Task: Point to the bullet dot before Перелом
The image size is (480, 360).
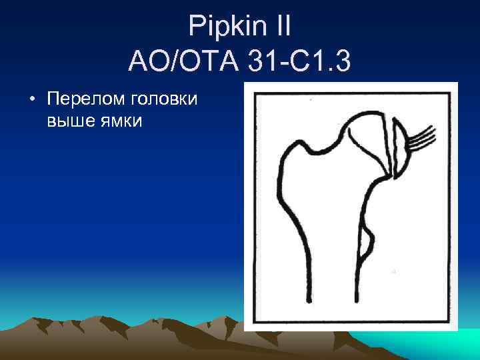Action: pos(31,100)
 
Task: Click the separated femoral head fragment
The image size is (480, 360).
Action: pos(402,151)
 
